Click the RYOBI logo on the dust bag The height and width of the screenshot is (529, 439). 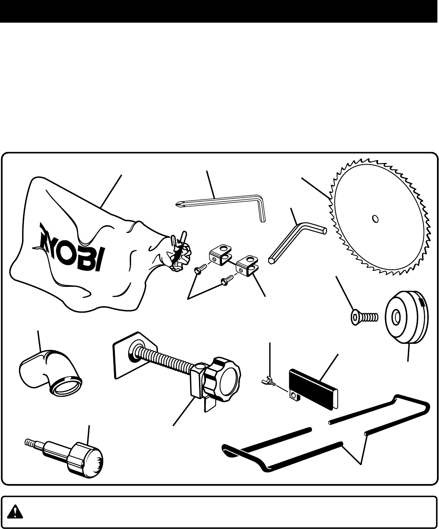tap(71, 247)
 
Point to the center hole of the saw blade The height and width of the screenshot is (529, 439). tap(375, 218)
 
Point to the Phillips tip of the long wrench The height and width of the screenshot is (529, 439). tap(177, 204)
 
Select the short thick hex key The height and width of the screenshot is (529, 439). tap(295, 239)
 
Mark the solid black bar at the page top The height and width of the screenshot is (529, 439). tap(219, 11)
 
